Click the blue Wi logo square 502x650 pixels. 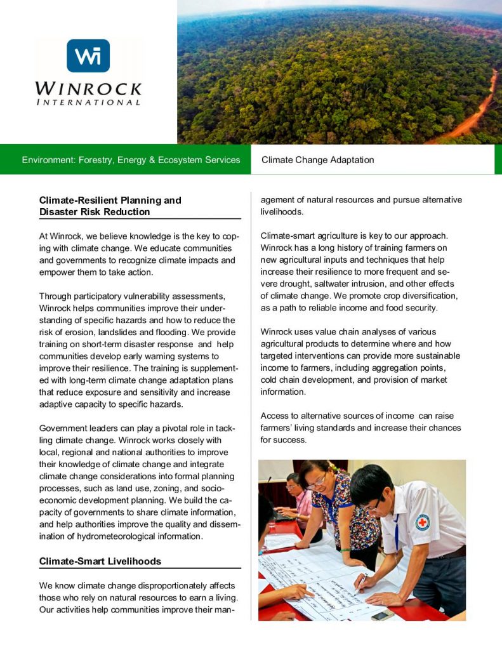(x=88, y=56)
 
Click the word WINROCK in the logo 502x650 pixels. (x=88, y=88)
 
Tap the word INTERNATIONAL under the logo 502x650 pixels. (x=88, y=102)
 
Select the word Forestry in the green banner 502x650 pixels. (x=98, y=160)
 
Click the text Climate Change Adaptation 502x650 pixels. (x=317, y=160)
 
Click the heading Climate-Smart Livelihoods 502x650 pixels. (x=100, y=561)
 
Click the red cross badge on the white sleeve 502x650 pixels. (x=422, y=522)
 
